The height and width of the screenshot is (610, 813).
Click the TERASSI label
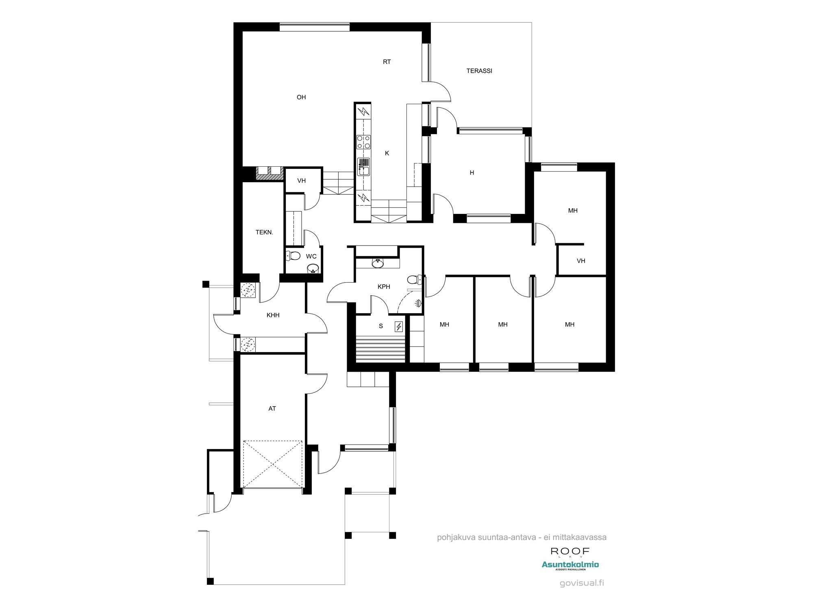(479, 71)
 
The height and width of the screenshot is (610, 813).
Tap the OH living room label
(301, 97)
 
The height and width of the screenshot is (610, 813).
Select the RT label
(387, 62)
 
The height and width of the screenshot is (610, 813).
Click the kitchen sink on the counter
(363, 167)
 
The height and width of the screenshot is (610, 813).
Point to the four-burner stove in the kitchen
(363, 142)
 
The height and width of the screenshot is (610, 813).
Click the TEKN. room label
(264, 233)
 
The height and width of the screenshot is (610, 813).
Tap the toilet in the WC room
(293, 256)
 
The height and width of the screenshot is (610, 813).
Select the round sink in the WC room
(312, 268)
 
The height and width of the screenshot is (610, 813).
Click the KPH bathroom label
(384, 287)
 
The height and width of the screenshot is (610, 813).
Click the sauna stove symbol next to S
(399, 327)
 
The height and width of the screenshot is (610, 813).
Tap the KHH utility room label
(273, 315)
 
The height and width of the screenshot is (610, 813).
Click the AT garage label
(272, 409)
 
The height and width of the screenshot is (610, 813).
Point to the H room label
(472, 173)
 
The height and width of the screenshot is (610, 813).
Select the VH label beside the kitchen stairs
(301, 181)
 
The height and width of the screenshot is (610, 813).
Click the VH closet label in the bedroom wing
(580, 261)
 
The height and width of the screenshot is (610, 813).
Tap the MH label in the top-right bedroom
(572, 211)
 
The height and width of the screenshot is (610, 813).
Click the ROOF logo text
(570, 551)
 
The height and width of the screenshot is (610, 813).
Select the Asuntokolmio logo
(570, 565)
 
